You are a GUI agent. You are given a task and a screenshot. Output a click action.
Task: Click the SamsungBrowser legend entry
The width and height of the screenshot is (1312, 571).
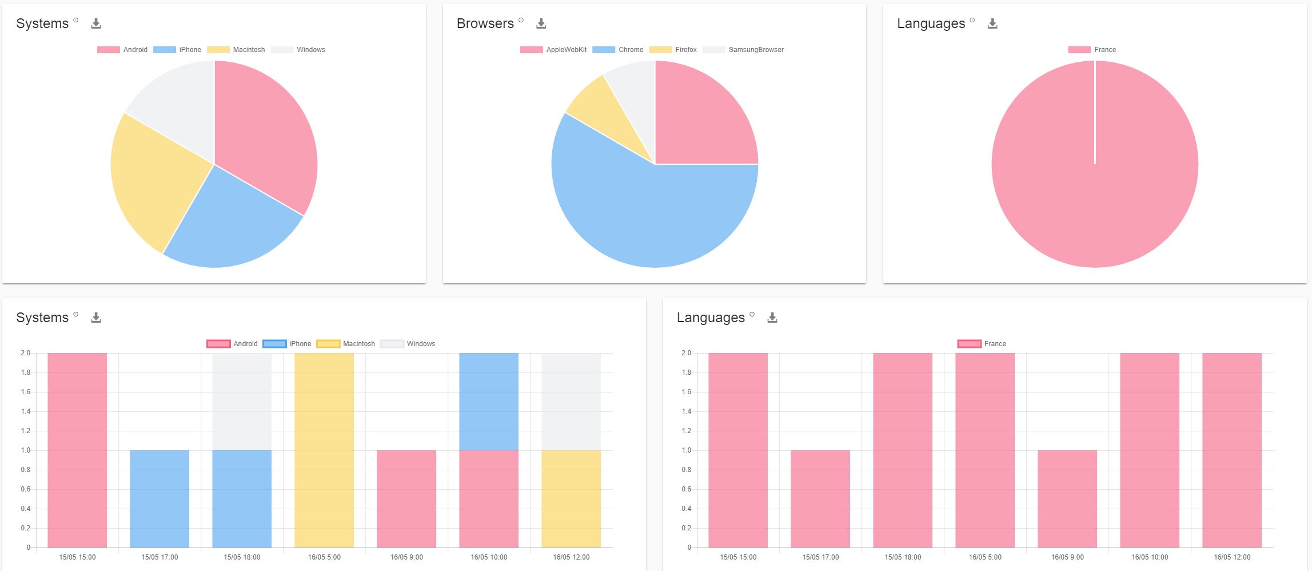744,50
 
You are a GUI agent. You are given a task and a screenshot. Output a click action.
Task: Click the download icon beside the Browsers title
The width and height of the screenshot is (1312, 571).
541,23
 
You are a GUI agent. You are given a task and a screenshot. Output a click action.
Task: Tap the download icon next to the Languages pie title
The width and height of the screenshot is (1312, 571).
992,23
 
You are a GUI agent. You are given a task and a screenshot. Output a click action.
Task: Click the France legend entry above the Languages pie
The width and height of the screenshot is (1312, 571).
1092,50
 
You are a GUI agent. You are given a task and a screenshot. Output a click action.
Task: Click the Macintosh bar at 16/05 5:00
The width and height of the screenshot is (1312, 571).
324,450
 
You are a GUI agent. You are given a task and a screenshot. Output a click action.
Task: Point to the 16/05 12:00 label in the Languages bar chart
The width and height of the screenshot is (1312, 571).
1232,557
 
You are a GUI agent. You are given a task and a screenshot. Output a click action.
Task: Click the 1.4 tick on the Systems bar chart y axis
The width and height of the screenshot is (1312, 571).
26,411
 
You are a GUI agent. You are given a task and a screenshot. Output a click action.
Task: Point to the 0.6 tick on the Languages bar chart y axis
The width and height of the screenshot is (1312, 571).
686,489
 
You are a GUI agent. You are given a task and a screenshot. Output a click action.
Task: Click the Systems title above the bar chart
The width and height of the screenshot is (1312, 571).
42,318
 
